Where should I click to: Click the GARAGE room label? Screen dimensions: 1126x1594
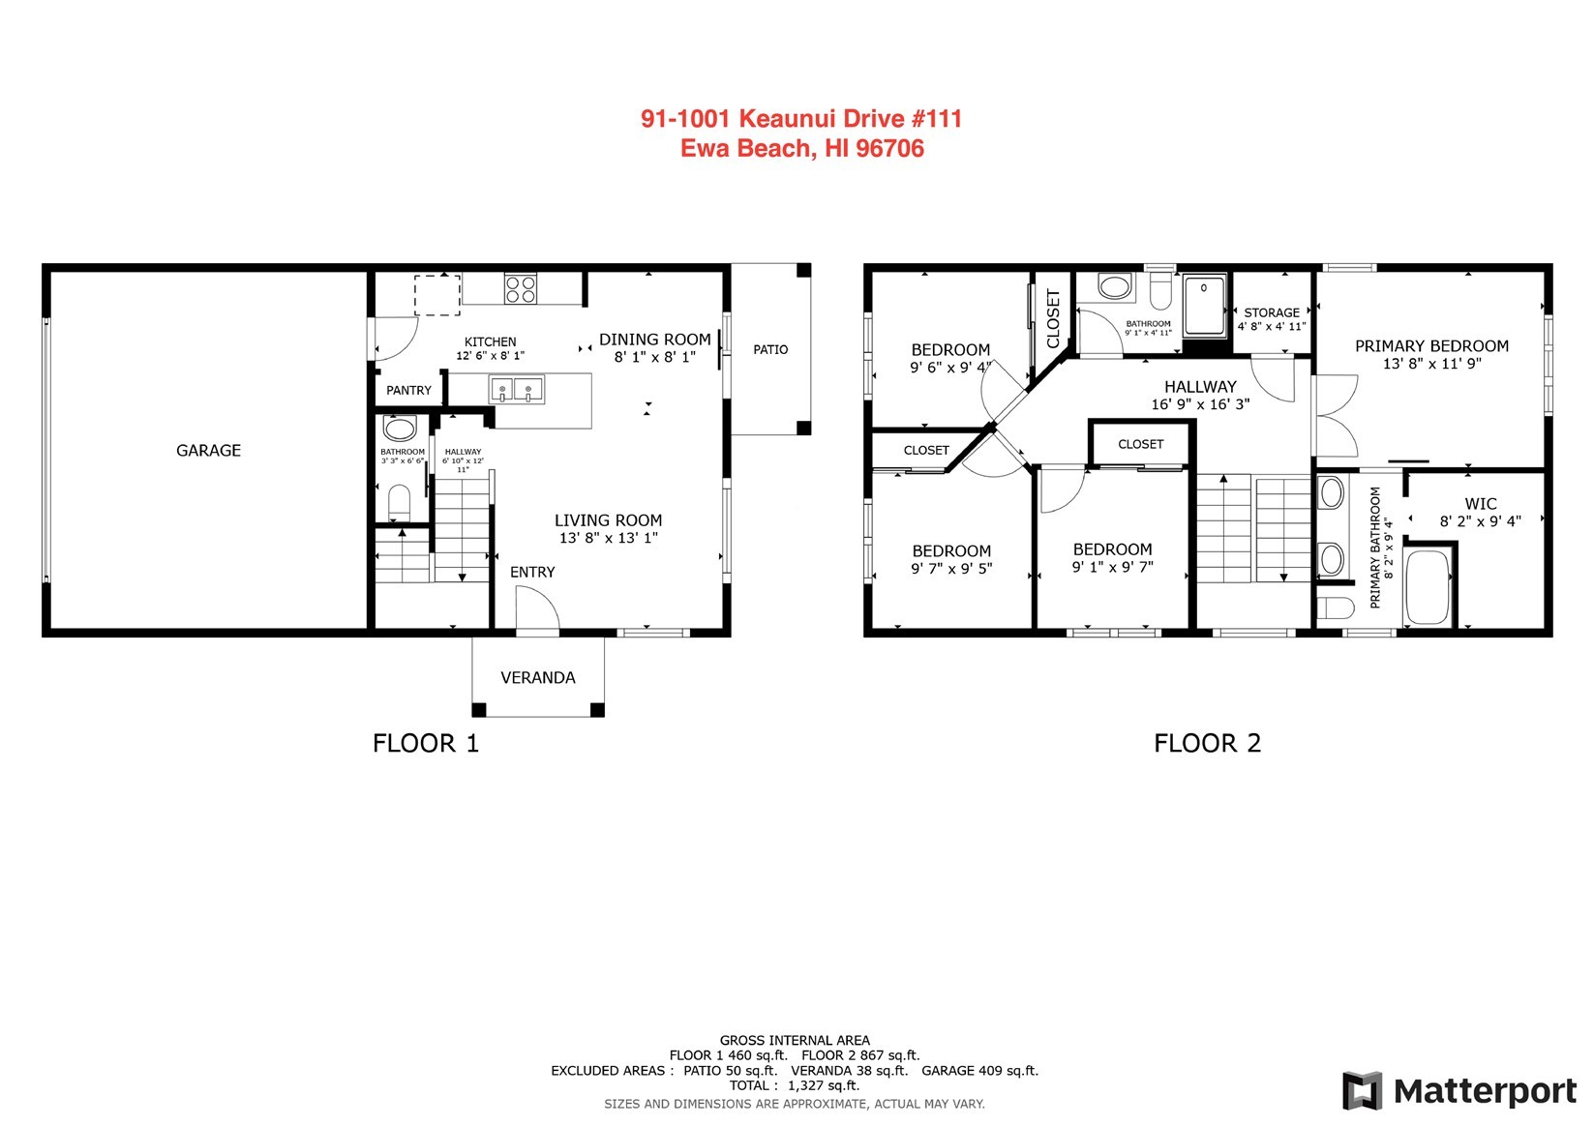pos(208,450)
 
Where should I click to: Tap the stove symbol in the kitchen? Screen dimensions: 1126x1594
pos(521,288)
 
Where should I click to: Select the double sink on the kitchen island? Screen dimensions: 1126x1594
pos(516,390)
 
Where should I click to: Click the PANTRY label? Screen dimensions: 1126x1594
pos(408,390)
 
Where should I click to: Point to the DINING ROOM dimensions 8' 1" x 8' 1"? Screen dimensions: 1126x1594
pos(655,357)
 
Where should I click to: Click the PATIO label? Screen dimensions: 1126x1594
pos(770,349)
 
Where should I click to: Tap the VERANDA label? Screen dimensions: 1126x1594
pos(538,677)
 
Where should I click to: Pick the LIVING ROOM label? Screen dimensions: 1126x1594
pos(608,520)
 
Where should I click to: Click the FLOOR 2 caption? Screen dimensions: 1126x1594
pos(1207,743)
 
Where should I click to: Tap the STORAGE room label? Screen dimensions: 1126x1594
pos(1271,312)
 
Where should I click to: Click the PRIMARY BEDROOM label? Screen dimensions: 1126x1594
pos(1431,346)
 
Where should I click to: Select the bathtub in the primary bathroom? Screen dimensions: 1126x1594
pos(1429,587)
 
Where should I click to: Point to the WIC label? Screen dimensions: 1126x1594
pos(1480,504)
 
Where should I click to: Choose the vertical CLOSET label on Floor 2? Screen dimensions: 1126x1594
pos(1054,318)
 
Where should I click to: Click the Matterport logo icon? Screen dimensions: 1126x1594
pos(1362,1091)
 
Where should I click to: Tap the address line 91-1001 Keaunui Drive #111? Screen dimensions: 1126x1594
pos(801,119)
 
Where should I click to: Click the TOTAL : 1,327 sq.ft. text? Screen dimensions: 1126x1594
pos(794,1085)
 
